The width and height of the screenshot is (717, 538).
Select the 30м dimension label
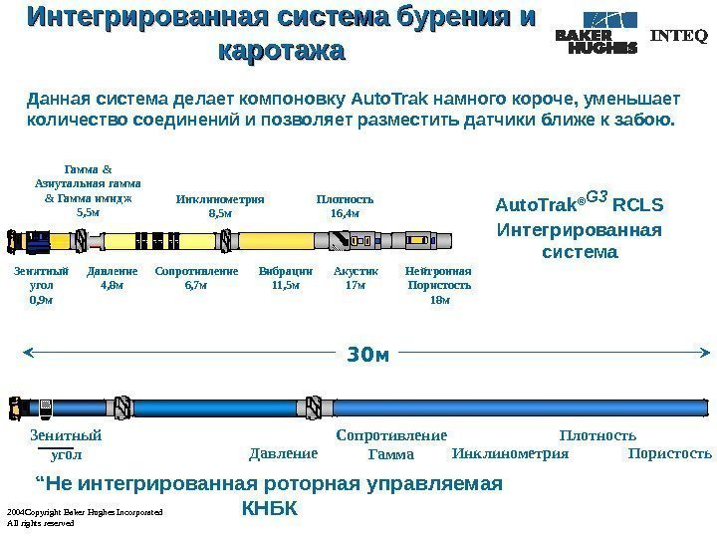point(366,353)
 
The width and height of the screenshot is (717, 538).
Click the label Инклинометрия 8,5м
point(220,205)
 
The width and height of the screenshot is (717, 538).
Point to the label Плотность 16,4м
point(345,205)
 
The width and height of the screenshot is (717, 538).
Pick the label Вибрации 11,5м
point(286,278)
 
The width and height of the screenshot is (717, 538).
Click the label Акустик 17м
point(356,278)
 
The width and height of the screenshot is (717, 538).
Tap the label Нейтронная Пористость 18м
point(438,285)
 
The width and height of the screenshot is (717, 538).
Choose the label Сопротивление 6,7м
point(197,278)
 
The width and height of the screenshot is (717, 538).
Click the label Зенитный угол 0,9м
point(43,285)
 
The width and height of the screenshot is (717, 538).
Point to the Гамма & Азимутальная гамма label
point(88,190)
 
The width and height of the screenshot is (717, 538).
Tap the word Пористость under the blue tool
point(671,454)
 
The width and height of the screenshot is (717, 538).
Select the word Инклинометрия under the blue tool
point(510,454)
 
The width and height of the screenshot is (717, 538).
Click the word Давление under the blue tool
point(281,454)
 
